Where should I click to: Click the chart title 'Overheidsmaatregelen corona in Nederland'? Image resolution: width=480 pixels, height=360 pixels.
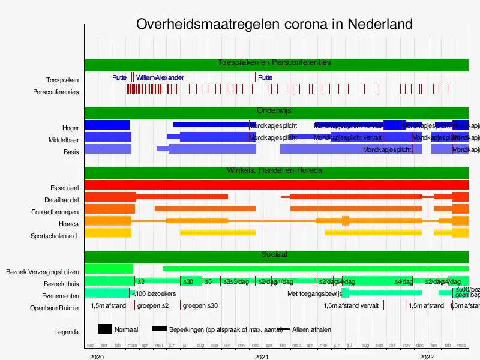pos(274,24)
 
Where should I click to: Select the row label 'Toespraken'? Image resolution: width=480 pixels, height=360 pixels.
pos(62,80)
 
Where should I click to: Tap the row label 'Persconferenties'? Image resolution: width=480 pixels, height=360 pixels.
pos(56,92)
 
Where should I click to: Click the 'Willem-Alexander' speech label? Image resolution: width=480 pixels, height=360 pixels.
pos(160,78)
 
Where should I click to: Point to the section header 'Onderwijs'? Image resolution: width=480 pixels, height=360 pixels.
pos(274,110)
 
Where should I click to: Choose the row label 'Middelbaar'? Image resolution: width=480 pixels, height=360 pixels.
pos(64,140)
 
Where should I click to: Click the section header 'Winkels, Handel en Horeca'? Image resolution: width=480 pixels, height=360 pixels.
pos(274,170)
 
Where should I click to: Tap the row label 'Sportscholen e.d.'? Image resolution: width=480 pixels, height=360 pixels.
pos(55,236)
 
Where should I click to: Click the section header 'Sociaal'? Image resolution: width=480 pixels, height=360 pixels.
pos(274,254)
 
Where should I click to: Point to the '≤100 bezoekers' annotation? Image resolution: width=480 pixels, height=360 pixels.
pos(153,293)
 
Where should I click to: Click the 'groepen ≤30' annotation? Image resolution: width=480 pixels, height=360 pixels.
pos(200,305)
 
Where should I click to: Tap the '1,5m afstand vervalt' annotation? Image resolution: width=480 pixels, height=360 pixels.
pos(351,305)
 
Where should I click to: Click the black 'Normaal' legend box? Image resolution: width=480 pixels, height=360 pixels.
pos(105,329)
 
